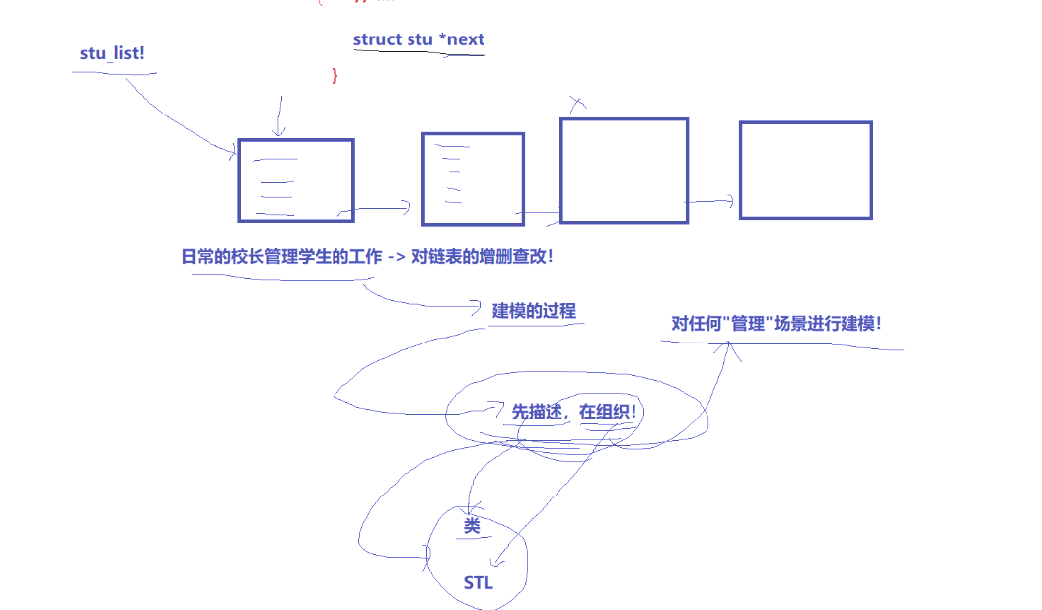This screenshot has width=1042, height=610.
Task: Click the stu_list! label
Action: click(112, 53)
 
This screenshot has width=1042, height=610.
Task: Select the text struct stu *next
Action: click(418, 39)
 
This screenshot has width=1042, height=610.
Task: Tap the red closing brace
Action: click(335, 75)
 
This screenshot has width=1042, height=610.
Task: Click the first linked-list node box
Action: click(295, 180)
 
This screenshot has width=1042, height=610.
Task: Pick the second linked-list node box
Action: click(473, 179)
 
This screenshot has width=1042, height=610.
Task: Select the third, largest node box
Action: click(624, 171)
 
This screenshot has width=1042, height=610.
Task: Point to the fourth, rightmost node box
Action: click(805, 170)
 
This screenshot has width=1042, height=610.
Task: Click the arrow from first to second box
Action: click(375, 208)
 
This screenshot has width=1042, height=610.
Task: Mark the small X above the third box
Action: click(578, 102)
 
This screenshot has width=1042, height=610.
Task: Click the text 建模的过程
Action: click(534, 311)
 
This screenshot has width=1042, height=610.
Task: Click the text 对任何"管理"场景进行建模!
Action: click(776, 323)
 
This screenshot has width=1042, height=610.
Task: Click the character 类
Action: click(472, 527)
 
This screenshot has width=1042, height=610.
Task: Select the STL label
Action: click(478, 583)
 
